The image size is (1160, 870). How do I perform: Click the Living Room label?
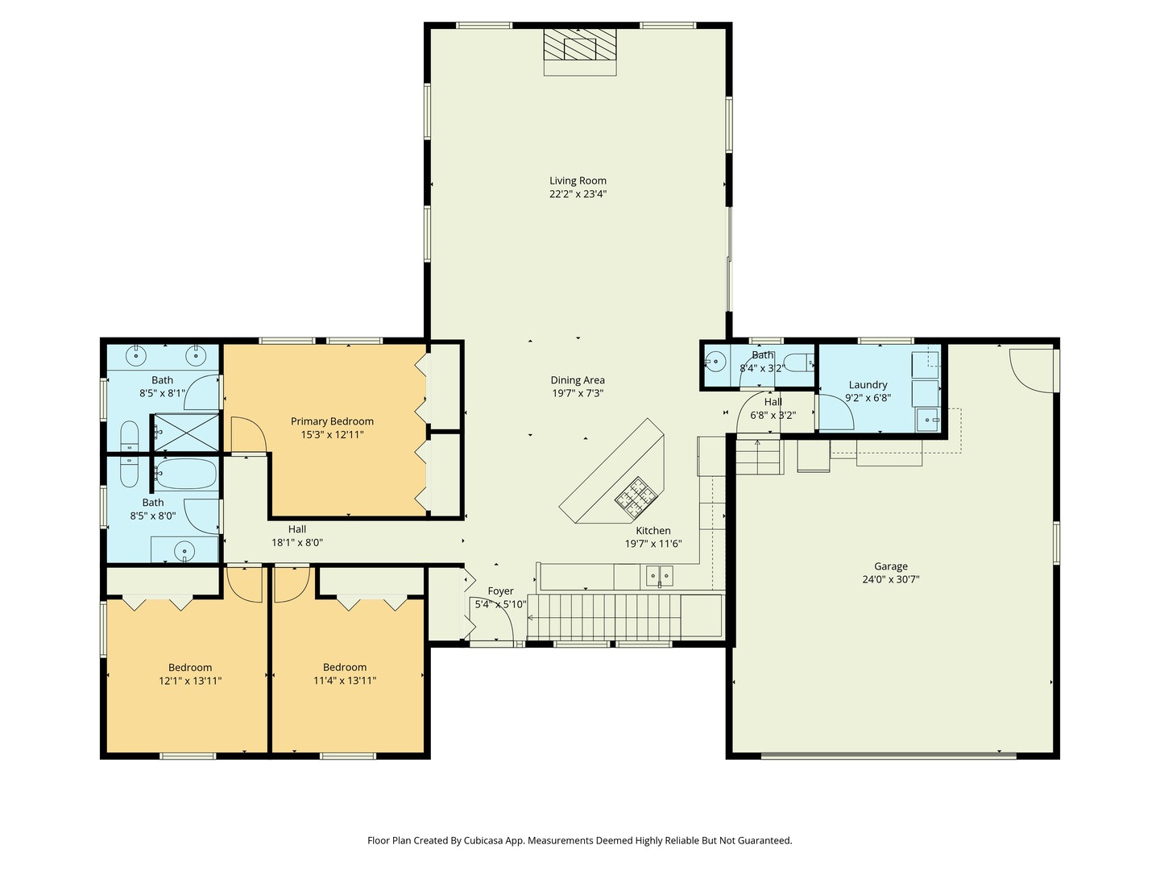tap(578, 181)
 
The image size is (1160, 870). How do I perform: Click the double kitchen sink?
tap(661, 575)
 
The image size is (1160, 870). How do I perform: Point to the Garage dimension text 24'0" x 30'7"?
tap(890, 579)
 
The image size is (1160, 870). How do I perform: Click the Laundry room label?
tap(868, 385)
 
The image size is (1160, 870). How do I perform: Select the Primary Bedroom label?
tap(332, 421)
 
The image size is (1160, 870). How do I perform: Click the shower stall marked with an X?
tap(186, 432)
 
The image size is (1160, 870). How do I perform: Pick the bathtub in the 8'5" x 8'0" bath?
tap(186, 474)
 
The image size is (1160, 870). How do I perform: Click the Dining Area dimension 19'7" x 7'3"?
tap(578, 393)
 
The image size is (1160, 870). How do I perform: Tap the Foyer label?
tap(500, 591)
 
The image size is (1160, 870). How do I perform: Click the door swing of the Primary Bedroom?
tap(248, 437)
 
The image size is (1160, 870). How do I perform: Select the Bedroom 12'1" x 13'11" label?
tap(190, 667)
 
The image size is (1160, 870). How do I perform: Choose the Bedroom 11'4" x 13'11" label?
tap(345, 667)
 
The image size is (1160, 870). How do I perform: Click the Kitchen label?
tap(653, 531)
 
